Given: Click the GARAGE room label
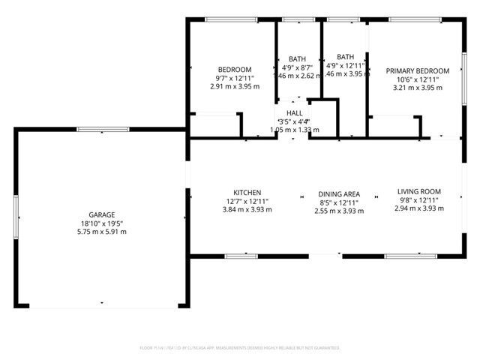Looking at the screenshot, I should (x=103, y=214).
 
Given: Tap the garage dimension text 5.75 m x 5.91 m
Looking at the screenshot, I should (x=103, y=232).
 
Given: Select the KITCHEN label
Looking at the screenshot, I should (x=247, y=193).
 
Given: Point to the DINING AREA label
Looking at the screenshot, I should (x=339, y=193).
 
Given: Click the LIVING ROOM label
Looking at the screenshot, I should (x=418, y=191).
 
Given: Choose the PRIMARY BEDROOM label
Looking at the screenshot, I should (x=418, y=70).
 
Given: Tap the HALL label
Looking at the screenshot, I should (x=294, y=113).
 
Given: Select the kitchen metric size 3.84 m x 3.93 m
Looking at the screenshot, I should (x=247, y=210).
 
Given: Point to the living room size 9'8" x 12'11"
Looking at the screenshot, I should (x=418, y=200).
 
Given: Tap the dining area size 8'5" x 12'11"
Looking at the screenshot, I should (x=339, y=202).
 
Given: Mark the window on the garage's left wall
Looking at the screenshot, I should (x=16, y=217).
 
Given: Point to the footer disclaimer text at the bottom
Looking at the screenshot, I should (x=240, y=348).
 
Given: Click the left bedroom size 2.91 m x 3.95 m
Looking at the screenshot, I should (x=235, y=86).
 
